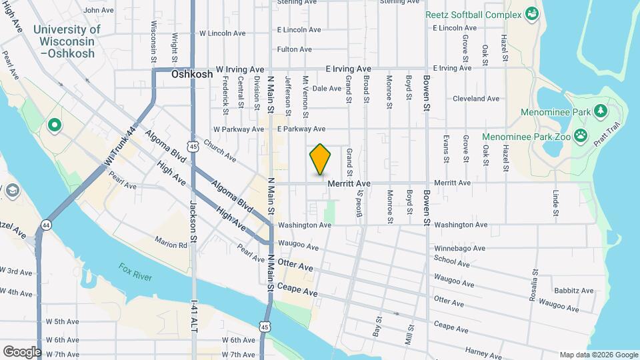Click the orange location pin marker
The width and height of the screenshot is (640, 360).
[321, 159]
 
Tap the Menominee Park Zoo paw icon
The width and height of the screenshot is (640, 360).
[581, 135]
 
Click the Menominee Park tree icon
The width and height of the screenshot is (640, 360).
[599, 109]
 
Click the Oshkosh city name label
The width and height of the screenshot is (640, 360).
[192, 75]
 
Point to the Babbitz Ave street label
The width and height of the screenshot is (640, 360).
[573, 291]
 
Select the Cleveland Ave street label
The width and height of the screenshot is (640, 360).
[475, 99]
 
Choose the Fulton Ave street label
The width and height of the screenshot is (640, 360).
[295, 49]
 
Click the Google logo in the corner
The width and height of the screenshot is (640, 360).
[21, 351]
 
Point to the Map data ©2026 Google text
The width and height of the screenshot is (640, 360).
[597, 355]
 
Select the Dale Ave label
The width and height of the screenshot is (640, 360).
[327, 88]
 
